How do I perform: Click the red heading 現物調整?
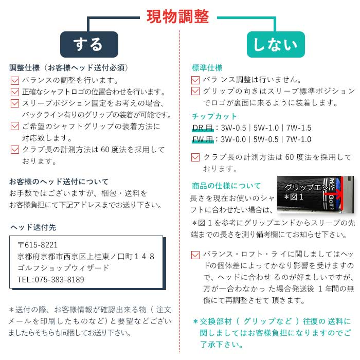tap(178, 17)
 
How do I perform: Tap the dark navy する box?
tap(89, 45)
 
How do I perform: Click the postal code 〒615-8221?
tap(38, 245)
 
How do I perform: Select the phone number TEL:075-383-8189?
tap(50, 280)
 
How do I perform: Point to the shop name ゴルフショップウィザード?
tap(63, 268)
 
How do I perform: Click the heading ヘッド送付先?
tap(33, 227)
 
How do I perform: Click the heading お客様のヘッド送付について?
tap(59, 182)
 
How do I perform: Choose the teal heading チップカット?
tap(214, 116)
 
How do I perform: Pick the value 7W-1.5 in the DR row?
tap(299, 128)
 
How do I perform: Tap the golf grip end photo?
tap(315, 194)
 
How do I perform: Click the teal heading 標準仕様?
tap(207, 68)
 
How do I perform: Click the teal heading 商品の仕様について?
tap(226, 186)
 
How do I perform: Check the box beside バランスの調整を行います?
tap(15, 81)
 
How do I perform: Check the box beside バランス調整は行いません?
tap(195, 80)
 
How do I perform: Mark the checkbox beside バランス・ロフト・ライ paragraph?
tap(195, 255)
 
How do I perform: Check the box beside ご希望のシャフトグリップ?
tap(15, 126)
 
